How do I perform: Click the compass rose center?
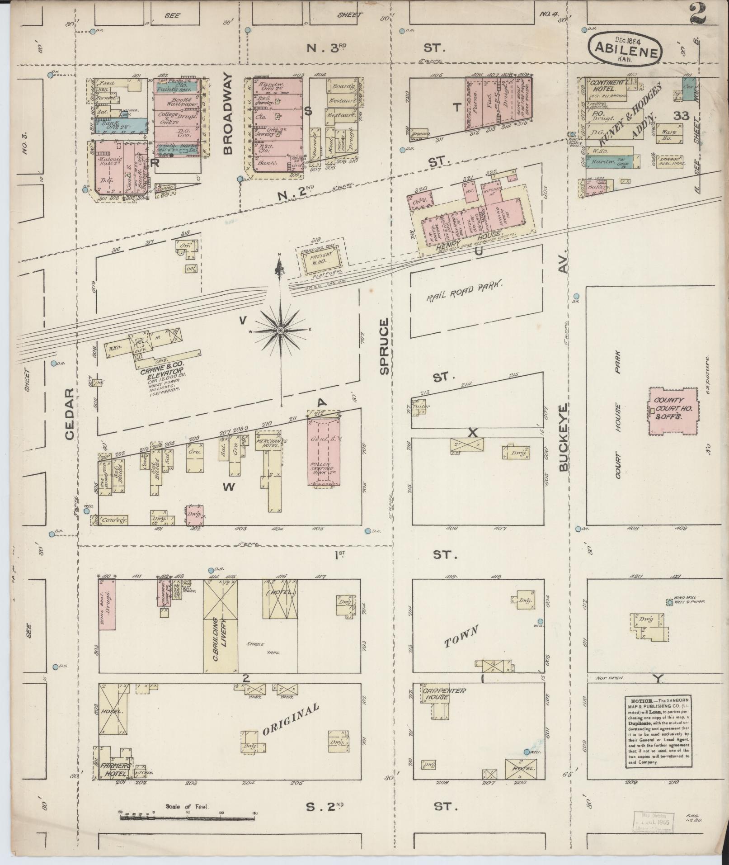[x=281, y=331]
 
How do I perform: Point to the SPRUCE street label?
[x=384, y=346]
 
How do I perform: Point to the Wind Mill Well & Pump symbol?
[x=669, y=602]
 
